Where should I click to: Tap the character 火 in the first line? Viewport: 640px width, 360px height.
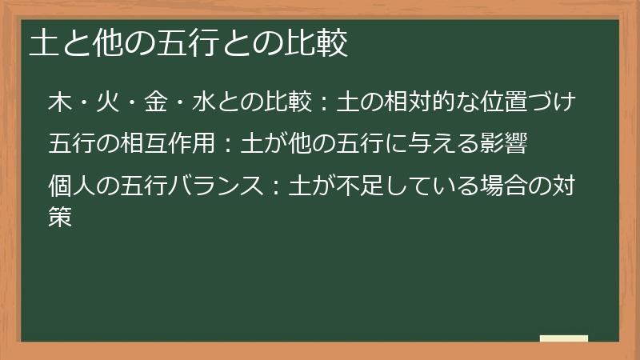[x=105, y=103]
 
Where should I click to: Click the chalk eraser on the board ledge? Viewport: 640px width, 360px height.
[x=564, y=339]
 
